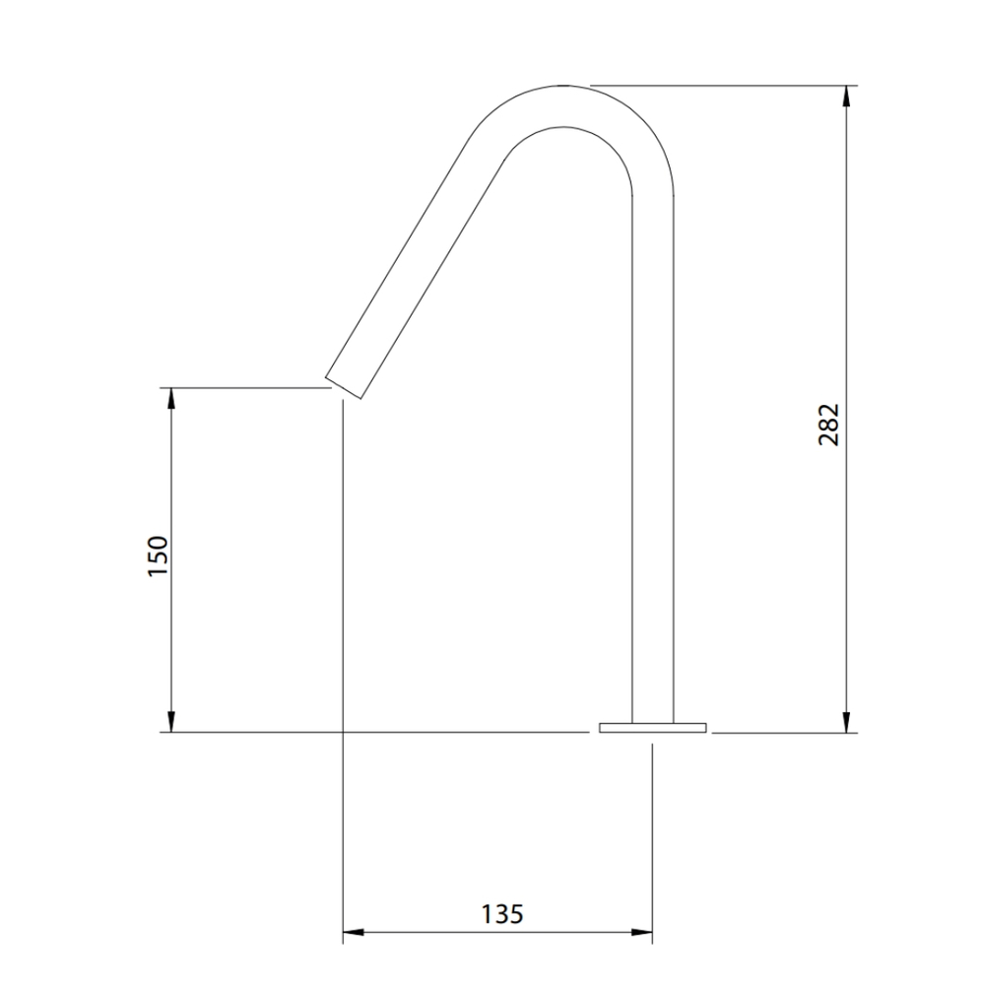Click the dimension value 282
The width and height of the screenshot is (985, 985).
828,425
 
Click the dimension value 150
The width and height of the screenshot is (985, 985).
158,556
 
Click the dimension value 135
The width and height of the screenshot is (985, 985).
502,914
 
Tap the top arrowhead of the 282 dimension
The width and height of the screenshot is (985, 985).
847,96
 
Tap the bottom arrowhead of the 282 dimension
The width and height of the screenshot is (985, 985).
847,722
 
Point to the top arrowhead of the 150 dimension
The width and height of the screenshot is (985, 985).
170,398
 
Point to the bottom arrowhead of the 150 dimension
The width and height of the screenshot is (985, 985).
170,722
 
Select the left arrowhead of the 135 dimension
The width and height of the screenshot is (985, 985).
353,932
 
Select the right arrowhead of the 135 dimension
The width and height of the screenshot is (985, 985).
641,932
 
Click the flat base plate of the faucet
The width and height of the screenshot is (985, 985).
653,728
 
